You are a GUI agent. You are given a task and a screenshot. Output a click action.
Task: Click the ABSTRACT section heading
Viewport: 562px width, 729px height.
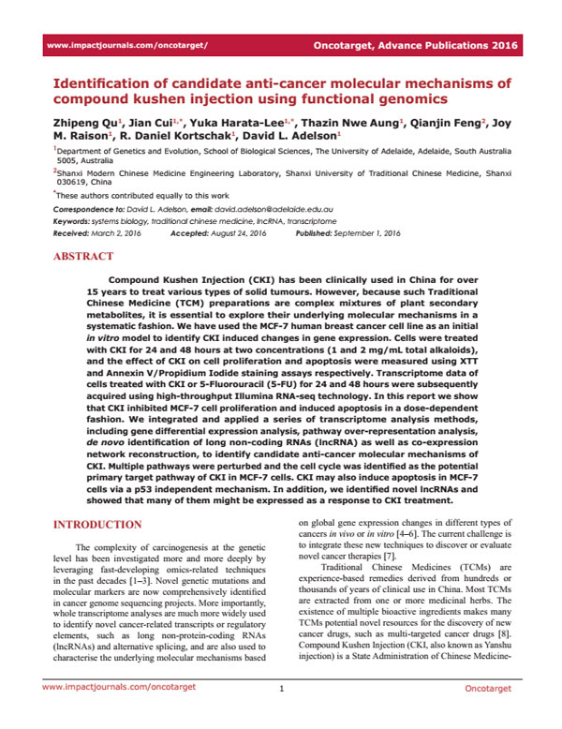pyautogui.click(x=85, y=255)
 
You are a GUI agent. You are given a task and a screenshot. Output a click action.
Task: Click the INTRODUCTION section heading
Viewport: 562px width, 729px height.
pyautogui.click(x=98, y=525)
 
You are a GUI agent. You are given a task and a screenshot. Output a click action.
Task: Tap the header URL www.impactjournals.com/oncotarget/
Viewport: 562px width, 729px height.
pyautogui.click(x=126, y=45)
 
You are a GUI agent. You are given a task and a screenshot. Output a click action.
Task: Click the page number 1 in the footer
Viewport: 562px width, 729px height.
pyautogui.click(x=281, y=715)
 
